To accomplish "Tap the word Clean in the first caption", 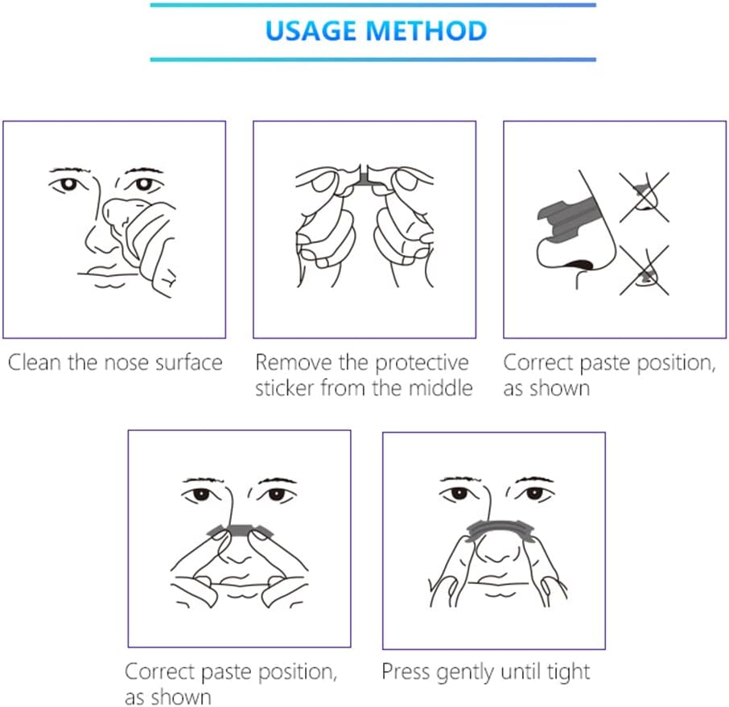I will tap(34, 363).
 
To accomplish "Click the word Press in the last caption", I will tap(402, 671).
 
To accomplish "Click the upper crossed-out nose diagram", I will tap(645, 197).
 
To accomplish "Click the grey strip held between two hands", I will tap(364, 179).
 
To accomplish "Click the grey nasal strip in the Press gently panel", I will tap(493, 528).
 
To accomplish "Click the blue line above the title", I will tap(373, 5).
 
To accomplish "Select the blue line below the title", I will tap(373, 60).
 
